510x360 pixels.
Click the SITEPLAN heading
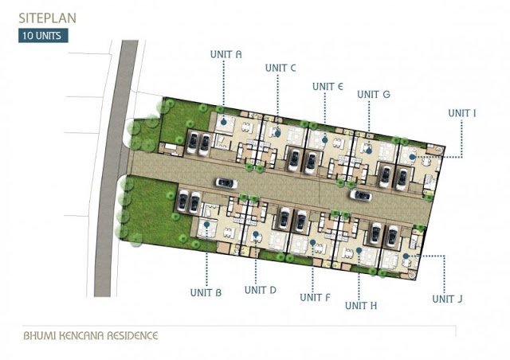coord(48,18)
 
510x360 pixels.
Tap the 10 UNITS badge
coord(43,36)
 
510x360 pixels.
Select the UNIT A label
coord(226,54)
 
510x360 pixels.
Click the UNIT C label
coord(280,68)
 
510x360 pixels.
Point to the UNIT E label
coord(328,87)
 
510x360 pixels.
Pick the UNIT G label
coord(374,94)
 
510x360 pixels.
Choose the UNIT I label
coord(462,113)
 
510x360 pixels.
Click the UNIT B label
coord(206,292)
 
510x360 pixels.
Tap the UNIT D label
coord(261,290)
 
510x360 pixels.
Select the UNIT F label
coord(315,297)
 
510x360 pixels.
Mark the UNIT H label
coord(361,306)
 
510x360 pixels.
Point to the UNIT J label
coord(447,299)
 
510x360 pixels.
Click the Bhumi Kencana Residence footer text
coord(90,335)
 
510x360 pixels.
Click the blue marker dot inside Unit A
coord(223,123)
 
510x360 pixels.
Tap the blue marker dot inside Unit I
coord(412,157)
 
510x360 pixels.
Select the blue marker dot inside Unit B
coord(206,224)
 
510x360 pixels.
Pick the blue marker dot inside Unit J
coord(406,256)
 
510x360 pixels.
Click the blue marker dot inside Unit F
coord(312,243)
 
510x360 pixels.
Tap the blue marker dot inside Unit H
coord(359,250)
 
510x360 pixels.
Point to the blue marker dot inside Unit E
coord(324,140)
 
